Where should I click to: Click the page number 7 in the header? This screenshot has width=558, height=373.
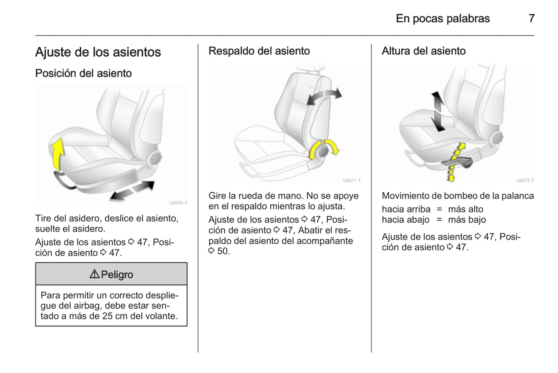[x=531, y=18]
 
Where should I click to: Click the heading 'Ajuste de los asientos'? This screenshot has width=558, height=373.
[x=98, y=52]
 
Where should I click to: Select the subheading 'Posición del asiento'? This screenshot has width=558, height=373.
[x=83, y=73]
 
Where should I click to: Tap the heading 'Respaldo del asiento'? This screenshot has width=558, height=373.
[x=259, y=51]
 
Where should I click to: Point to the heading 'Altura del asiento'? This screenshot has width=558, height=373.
[x=423, y=51]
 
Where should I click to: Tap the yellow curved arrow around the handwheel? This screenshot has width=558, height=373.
[x=323, y=148]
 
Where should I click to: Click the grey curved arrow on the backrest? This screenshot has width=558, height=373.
[x=324, y=96]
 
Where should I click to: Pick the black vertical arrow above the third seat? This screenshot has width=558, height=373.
[x=438, y=111]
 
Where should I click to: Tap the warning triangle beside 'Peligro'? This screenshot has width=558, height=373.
[x=94, y=274]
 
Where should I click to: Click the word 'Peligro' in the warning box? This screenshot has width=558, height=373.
[x=117, y=274]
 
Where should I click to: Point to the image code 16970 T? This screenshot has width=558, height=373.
[x=178, y=203]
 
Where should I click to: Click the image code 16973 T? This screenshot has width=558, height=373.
[x=524, y=181]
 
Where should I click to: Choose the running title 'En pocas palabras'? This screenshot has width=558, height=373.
[x=443, y=18]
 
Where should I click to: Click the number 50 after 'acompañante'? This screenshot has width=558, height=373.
[x=223, y=251]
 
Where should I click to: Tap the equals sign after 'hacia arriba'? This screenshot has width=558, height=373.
[x=439, y=209]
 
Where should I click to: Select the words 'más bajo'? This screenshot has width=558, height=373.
[x=467, y=220]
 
